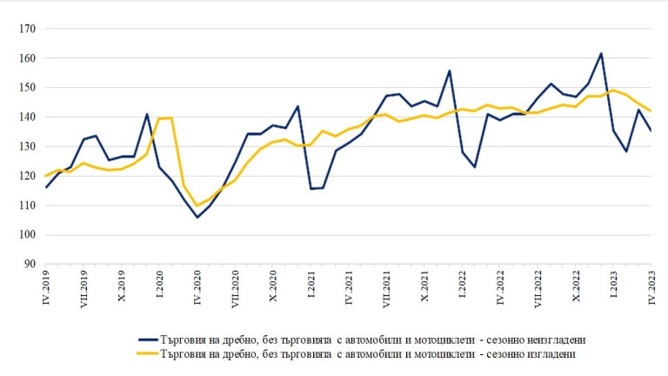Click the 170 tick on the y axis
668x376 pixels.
[x=27, y=29]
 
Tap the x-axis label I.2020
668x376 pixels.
[x=160, y=285]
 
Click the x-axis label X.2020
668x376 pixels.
[x=273, y=285]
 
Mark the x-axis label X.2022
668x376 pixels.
[x=575, y=285]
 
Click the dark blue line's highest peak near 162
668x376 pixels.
[x=601, y=54]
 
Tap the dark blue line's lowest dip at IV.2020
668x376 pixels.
[x=197, y=217]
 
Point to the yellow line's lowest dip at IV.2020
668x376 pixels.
[x=197, y=205]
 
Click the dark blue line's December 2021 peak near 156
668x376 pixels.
[x=450, y=71]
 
